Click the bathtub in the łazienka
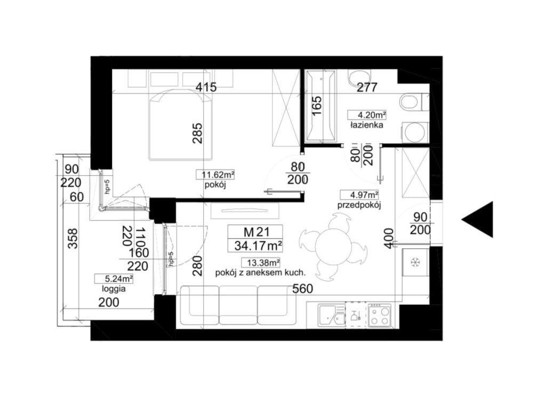(x=320, y=106)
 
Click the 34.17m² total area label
(x=258, y=246)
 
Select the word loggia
(x=114, y=289)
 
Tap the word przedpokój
(x=359, y=205)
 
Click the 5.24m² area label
(x=114, y=279)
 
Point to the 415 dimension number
(x=206, y=87)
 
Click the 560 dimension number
(x=303, y=289)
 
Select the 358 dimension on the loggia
(x=73, y=238)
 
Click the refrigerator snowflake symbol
(x=415, y=262)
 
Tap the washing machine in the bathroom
(x=415, y=132)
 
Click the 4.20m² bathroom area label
(x=367, y=115)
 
